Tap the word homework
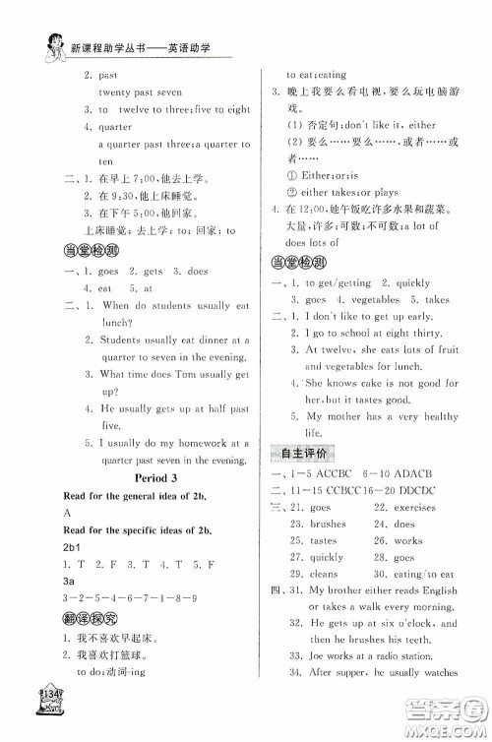pos(172,427)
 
